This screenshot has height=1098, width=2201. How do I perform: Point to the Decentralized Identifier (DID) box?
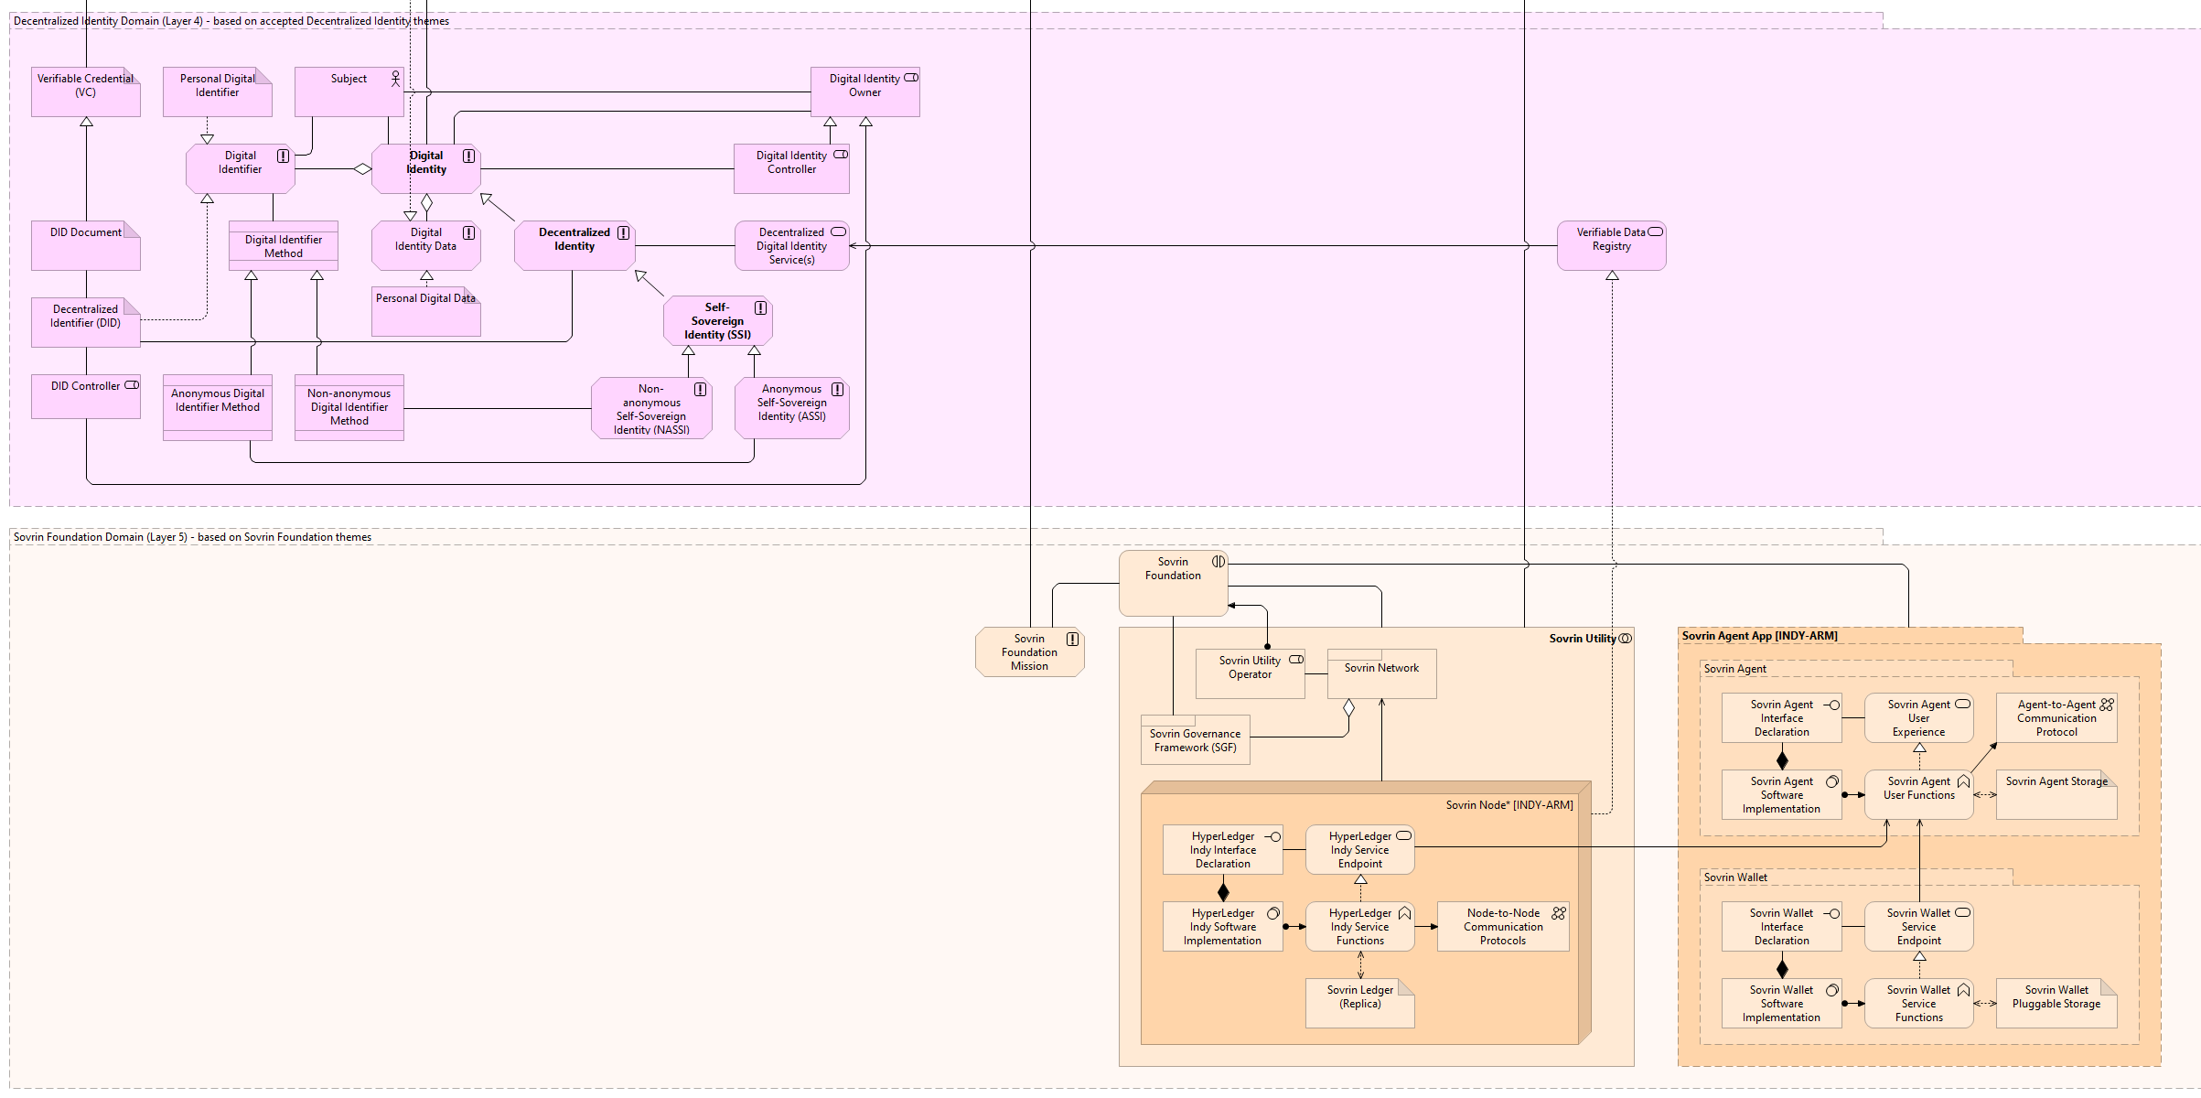(85, 322)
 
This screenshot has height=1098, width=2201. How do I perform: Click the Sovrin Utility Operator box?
(1250, 673)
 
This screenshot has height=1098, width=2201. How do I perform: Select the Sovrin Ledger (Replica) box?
(1359, 1003)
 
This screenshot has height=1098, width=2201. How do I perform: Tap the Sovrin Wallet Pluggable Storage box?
(2056, 1003)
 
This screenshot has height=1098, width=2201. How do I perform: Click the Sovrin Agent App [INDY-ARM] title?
(1759, 636)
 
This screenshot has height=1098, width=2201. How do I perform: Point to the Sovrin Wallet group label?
(1735, 877)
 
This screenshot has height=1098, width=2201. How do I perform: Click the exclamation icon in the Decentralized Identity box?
(623, 232)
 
